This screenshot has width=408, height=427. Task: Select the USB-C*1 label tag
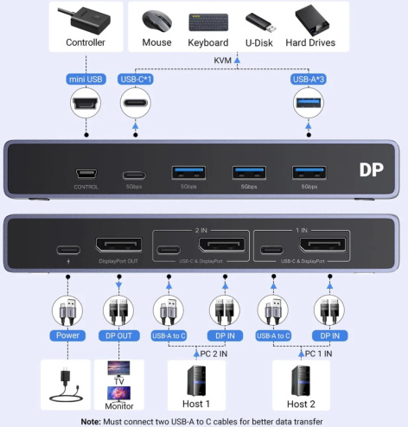(x=135, y=80)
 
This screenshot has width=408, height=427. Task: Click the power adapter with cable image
(x=66, y=384)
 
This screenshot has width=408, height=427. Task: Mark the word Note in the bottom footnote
(x=92, y=421)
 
